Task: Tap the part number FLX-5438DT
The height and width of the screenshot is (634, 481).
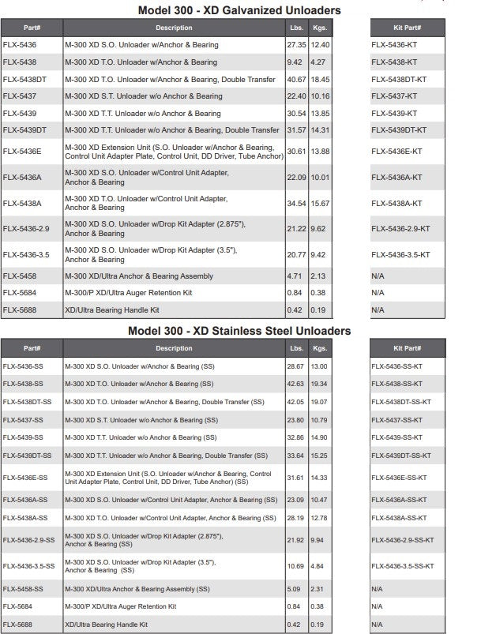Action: (x=24, y=79)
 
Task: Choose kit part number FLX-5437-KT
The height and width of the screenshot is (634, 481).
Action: (x=394, y=96)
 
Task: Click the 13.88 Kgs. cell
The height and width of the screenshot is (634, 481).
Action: (x=320, y=151)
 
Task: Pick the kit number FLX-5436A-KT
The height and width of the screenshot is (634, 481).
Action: (x=396, y=178)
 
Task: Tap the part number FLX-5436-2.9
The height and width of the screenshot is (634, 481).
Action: (x=27, y=229)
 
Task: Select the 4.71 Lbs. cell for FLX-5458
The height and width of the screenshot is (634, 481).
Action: (x=294, y=276)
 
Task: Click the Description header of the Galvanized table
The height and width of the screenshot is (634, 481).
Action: (x=174, y=28)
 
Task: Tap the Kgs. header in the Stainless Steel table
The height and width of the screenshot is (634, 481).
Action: (x=320, y=348)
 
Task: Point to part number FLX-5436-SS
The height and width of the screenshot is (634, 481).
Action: (x=23, y=367)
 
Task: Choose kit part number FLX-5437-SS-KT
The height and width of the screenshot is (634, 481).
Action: (x=400, y=419)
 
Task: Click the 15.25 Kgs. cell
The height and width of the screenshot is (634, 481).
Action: (x=320, y=455)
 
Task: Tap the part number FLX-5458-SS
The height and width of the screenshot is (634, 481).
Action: (x=23, y=588)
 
